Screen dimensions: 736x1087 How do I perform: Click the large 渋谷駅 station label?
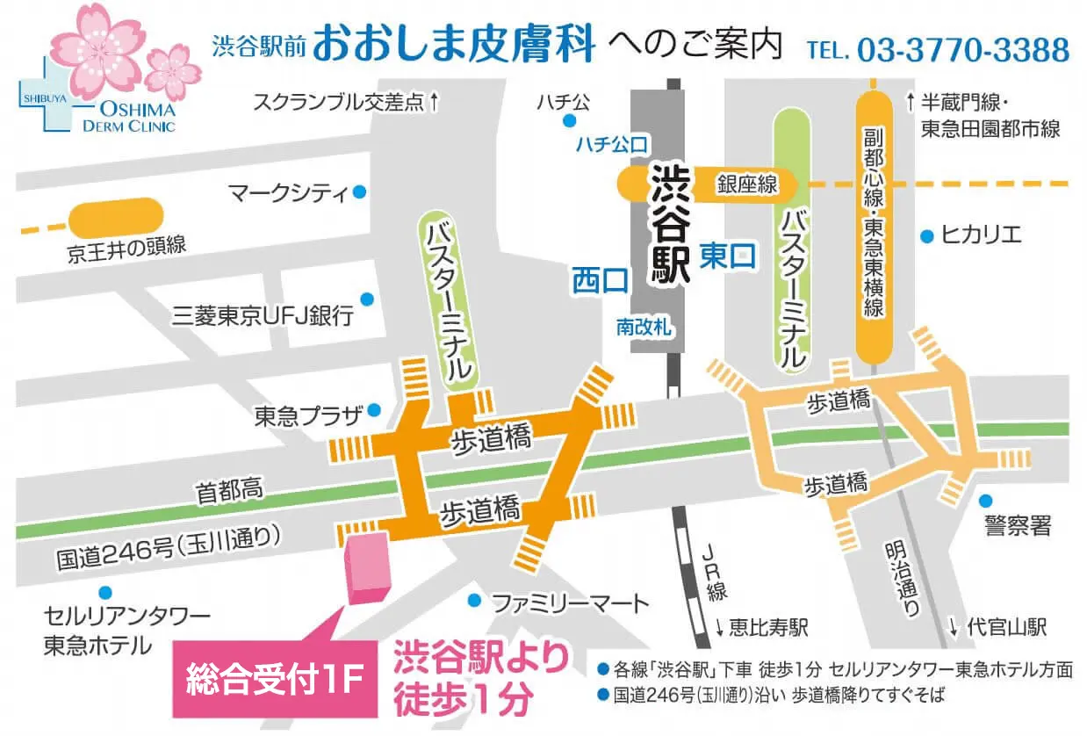(x=670, y=224)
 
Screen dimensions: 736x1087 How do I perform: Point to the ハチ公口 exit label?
(x=611, y=143)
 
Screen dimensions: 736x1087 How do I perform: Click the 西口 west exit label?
(x=601, y=281)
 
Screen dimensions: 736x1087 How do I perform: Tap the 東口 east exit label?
(x=728, y=256)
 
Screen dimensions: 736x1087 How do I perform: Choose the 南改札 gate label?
(x=644, y=327)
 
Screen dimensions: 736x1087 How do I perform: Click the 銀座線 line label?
(x=747, y=184)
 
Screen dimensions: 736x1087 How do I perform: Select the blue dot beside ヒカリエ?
(x=926, y=235)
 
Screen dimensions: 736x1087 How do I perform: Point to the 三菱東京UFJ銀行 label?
(x=263, y=314)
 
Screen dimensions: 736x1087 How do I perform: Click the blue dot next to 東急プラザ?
(x=374, y=409)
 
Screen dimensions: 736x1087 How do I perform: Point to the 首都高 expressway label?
(x=230, y=494)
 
